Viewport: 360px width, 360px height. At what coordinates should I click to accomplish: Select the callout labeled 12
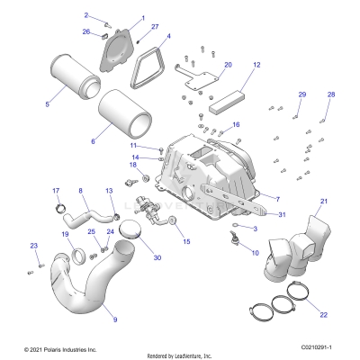(256, 66)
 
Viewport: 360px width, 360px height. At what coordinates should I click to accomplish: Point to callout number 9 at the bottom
(113, 319)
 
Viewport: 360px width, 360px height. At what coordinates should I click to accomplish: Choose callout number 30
(157, 257)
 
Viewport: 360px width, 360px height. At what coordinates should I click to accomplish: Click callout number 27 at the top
(154, 28)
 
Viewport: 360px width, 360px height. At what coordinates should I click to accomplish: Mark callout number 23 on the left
(34, 246)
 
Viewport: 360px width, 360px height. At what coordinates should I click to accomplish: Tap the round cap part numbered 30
(136, 231)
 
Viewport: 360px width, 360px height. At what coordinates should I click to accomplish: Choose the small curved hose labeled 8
(89, 216)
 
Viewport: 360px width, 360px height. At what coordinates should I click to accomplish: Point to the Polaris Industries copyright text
(59, 347)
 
